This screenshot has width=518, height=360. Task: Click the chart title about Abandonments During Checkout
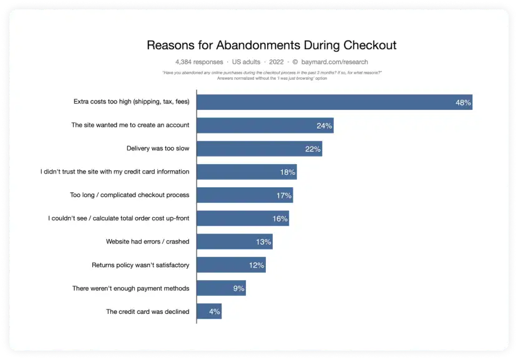click(271, 46)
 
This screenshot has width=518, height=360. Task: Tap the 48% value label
click(463, 102)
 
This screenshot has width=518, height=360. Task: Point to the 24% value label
click(324, 125)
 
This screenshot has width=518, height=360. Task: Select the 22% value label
click(313, 149)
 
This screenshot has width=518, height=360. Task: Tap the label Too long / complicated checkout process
click(129, 195)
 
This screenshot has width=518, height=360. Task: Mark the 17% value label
click(284, 195)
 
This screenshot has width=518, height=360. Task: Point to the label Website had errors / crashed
click(147, 241)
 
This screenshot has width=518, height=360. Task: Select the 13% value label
click(263, 242)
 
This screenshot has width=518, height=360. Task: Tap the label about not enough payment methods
click(130, 288)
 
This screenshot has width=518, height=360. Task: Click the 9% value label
click(238, 288)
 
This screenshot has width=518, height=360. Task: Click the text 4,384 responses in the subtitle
click(198, 62)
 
